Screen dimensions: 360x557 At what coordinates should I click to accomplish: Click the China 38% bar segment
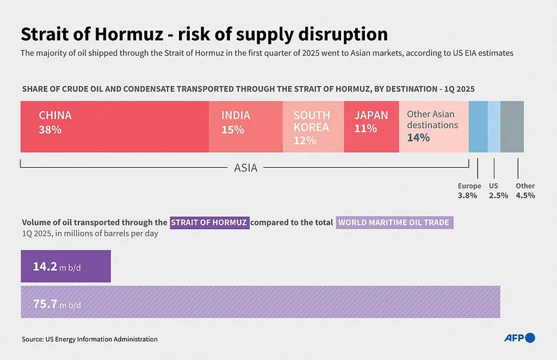click(114, 126)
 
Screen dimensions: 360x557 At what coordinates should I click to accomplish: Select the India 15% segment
click(246, 126)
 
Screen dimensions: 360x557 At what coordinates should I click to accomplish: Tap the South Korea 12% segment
click(313, 126)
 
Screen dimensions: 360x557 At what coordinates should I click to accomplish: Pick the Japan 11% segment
click(371, 126)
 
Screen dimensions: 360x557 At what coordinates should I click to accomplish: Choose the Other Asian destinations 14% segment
click(434, 126)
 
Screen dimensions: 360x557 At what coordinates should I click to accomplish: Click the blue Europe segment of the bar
click(478, 126)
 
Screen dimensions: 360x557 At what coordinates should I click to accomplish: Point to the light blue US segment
click(494, 126)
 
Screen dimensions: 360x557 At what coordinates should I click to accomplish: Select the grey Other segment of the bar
click(512, 126)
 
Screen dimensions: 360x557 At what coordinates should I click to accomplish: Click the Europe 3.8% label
click(469, 191)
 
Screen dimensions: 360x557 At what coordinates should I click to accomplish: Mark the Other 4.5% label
click(525, 191)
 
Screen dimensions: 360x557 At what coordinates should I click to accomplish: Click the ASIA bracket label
click(246, 168)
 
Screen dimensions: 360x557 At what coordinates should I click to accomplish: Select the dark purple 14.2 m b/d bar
click(65, 266)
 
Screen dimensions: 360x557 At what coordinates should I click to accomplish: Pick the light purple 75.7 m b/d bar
click(260, 302)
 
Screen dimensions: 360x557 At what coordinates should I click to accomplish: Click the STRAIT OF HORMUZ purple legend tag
click(209, 222)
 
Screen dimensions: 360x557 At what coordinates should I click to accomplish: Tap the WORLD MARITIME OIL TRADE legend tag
click(394, 222)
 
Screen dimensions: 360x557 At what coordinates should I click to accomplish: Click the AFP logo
click(519, 338)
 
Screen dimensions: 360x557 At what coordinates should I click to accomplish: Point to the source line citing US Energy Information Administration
click(89, 339)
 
